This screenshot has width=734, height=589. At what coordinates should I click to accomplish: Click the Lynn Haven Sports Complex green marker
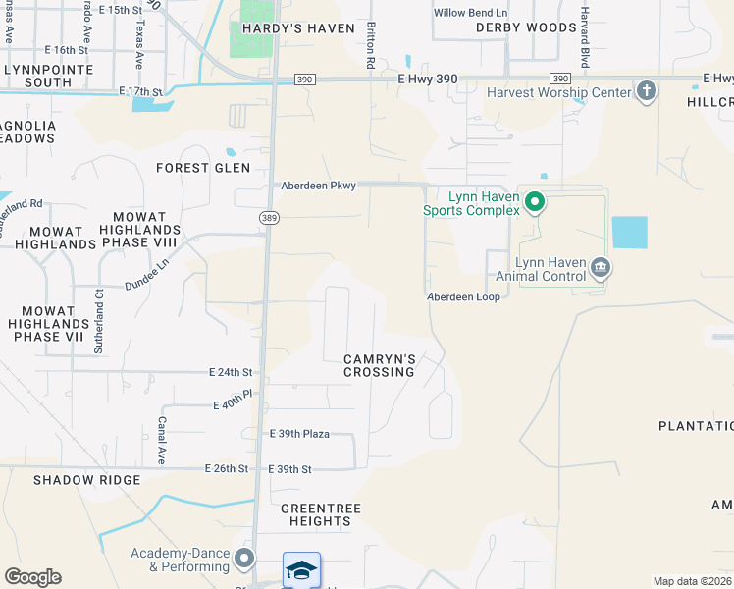tap(535, 203)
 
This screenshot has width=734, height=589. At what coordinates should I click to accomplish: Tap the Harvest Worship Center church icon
tap(647, 92)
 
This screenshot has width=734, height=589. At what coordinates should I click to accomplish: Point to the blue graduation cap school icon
tap(301, 570)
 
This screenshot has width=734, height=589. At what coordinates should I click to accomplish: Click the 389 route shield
tap(268, 217)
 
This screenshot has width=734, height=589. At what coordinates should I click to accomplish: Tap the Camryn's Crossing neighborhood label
tap(379, 365)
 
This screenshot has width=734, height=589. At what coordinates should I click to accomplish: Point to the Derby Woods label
tap(526, 27)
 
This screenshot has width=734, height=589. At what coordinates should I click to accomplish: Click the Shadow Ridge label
tap(86, 480)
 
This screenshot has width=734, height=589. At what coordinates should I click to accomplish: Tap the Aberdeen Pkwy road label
tap(318, 185)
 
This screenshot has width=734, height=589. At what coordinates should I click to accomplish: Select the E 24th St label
tap(231, 373)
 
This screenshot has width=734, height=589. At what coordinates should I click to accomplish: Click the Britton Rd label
tap(371, 45)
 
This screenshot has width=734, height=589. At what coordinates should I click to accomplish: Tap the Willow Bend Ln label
tap(471, 13)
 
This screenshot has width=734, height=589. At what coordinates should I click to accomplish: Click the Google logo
tap(32, 577)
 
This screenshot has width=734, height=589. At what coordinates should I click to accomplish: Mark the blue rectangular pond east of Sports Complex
tap(629, 232)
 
